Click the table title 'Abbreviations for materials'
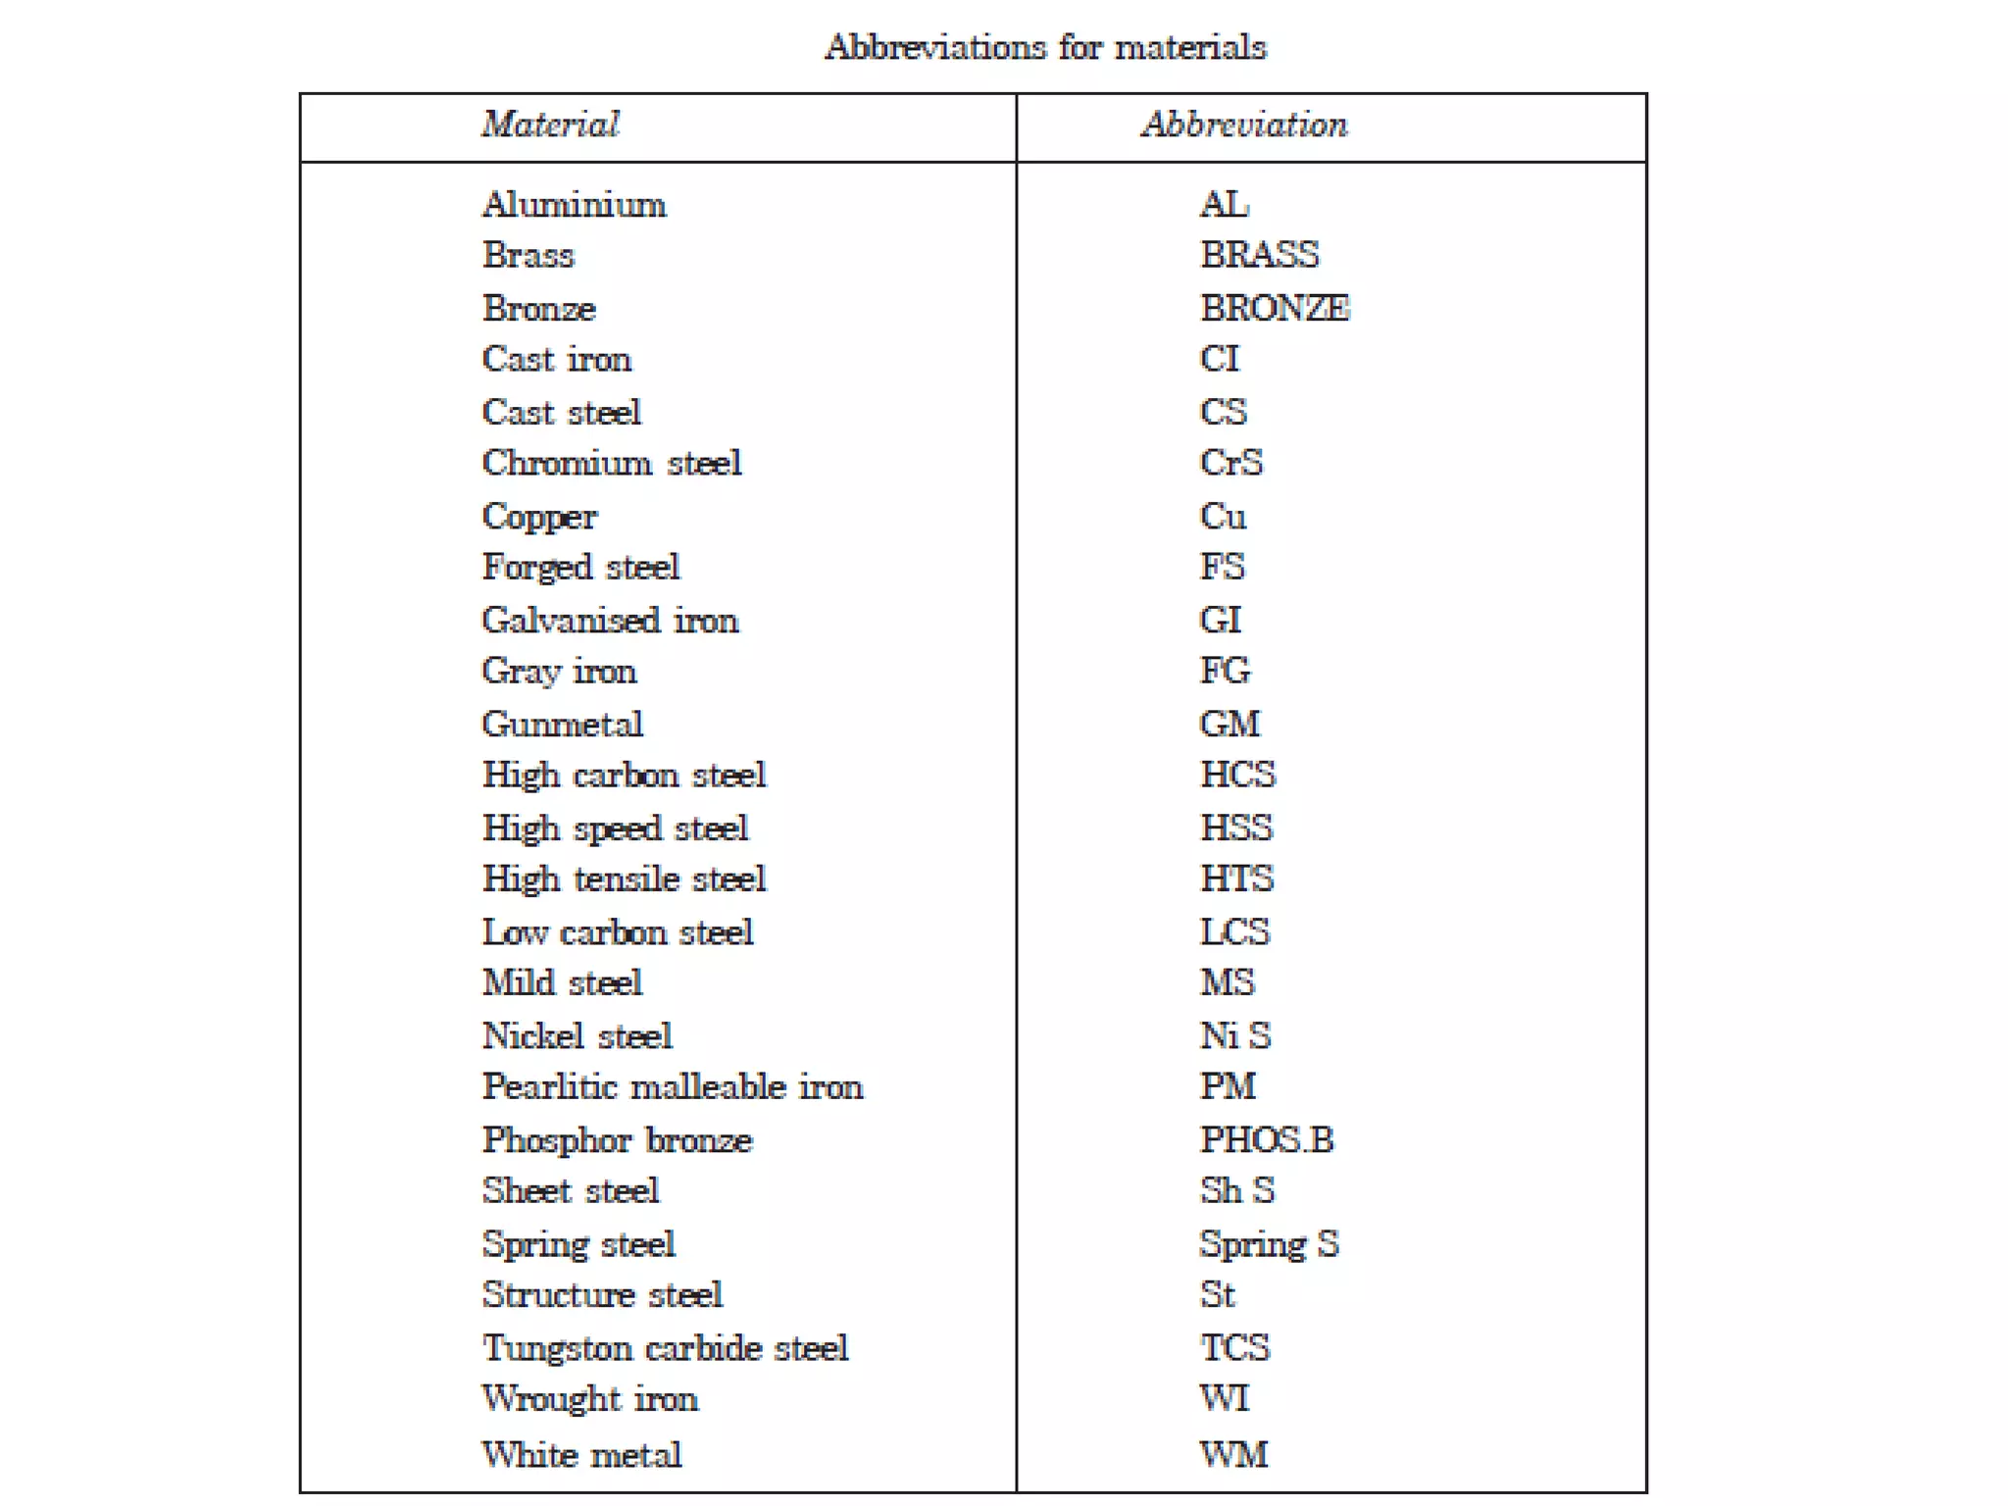tap(1045, 47)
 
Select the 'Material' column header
tap(550, 125)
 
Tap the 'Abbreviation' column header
tap(1244, 125)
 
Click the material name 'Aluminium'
tap(575, 205)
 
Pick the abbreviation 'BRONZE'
tap(1275, 309)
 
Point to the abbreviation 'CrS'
tap(1231, 463)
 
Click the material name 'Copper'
tap(539, 517)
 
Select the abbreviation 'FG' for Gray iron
tap(1226, 671)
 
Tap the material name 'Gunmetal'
tap(563, 725)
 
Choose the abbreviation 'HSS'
tap(1236, 828)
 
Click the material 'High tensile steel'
tap(624, 879)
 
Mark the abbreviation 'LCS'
tap(1234, 932)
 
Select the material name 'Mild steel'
tap(563, 983)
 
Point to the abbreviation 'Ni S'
tap(1235, 1036)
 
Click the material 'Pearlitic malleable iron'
tap(673, 1087)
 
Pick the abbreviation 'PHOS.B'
tap(1267, 1140)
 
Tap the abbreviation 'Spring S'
tap(1269, 1244)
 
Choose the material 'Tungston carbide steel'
tap(665, 1348)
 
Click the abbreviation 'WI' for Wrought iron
tap(1225, 1399)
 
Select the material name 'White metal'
tap(581, 1455)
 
